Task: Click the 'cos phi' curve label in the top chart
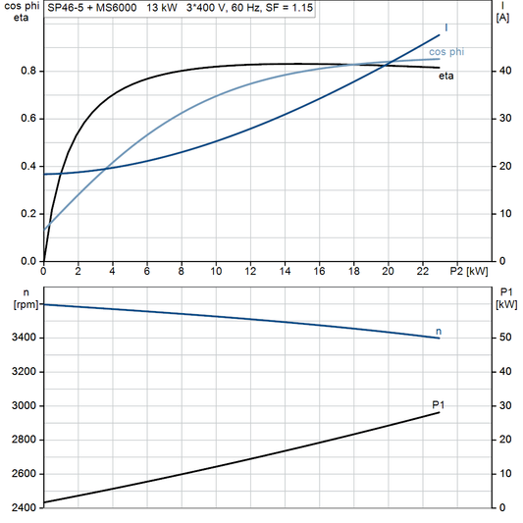[447, 50]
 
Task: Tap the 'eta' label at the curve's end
[445, 76]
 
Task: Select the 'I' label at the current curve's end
[446, 27]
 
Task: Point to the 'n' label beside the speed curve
[438, 330]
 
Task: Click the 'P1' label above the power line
[439, 404]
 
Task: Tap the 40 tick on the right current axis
[503, 72]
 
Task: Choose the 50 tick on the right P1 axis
[503, 338]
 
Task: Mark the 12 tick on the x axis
[250, 270]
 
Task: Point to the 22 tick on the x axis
[422, 270]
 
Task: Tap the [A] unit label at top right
[502, 17]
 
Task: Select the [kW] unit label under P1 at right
[505, 303]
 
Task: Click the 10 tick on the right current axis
[503, 214]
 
